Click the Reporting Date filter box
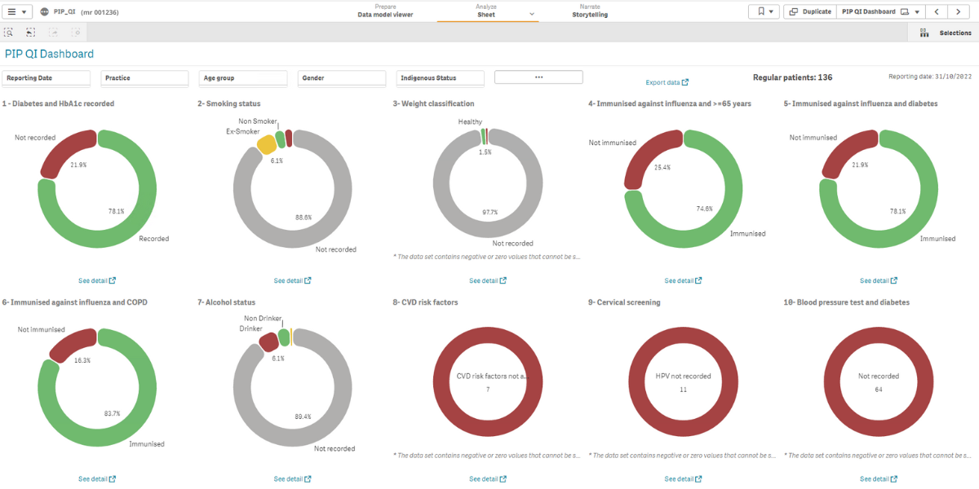coord(47,78)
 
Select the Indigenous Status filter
coord(440,78)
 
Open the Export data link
coord(667,82)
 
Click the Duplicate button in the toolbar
coord(810,11)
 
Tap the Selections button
coord(946,33)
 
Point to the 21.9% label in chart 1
coord(79,165)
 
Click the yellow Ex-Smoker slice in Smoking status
coord(266,145)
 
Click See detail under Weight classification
coord(488,280)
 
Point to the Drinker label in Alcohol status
coord(250,328)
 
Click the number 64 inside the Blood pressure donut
coord(879,390)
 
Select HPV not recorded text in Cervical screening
coord(683,376)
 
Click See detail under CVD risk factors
coord(488,479)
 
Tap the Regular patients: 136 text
coord(792,77)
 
